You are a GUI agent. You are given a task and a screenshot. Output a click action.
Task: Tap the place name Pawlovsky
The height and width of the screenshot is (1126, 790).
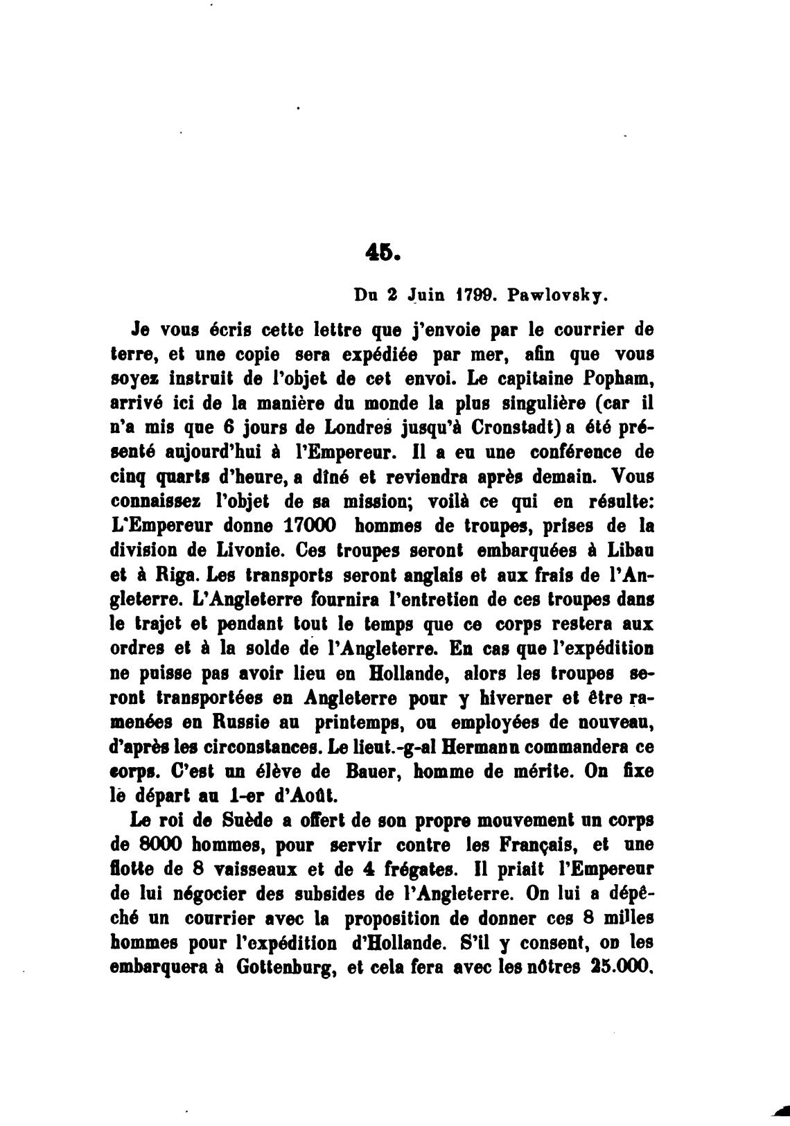[558, 294]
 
